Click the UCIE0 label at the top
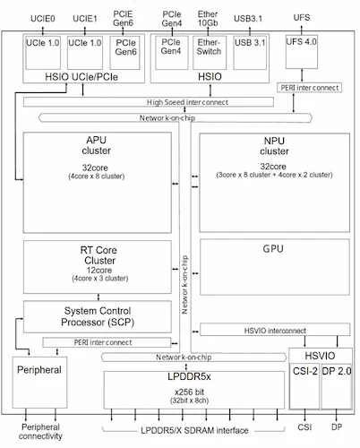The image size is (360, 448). pos(42,18)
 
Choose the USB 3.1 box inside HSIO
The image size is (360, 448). pos(249,42)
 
